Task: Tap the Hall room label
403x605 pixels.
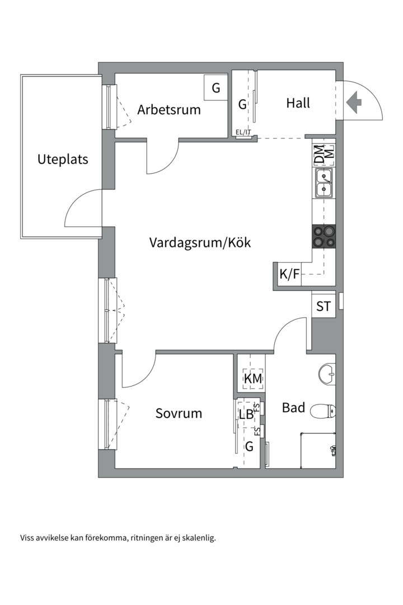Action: pos(298,103)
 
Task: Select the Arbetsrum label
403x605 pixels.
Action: pos(169,109)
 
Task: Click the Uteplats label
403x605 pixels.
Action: pos(63,159)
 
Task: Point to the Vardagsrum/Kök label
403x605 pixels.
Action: pos(200,243)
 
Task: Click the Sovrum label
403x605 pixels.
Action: pos(179,414)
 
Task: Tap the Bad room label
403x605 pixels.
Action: pos(293,408)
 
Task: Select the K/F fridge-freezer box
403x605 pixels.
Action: pos(289,274)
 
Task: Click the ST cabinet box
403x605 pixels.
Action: pos(324,306)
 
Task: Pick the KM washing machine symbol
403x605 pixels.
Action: pos(253,379)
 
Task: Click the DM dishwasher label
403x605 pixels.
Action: pos(318,155)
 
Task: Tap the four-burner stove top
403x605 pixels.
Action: pos(324,237)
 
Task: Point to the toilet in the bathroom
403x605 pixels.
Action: pos(321,412)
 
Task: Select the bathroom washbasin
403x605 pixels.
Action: pos(327,373)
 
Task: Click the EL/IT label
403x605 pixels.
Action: pos(243,133)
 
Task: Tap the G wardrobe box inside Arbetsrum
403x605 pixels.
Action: pos(215,88)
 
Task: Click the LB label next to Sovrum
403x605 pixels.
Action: pos(246,415)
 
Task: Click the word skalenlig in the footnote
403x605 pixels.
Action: pos(197,538)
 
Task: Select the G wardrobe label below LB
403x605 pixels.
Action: pos(249,447)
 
